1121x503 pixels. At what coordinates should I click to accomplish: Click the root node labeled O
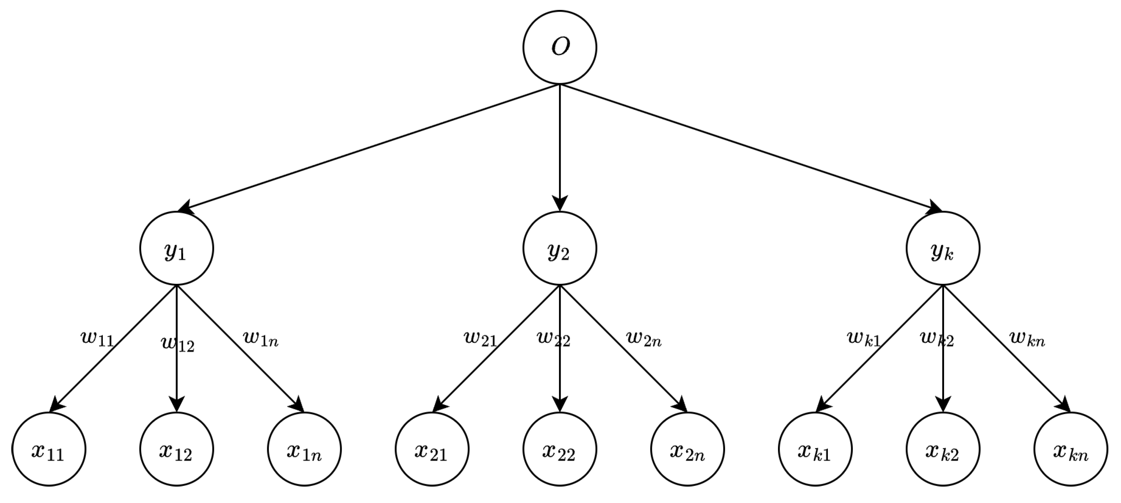tap(560, 47)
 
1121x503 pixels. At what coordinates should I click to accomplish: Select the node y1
tap(176, 249)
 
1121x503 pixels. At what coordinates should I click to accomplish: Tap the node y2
tap(560, 249)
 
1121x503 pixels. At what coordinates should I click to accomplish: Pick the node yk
tap(943, 249)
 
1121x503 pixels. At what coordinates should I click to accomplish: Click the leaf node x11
tap(49, 449)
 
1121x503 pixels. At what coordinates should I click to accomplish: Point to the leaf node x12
tap(176, 449)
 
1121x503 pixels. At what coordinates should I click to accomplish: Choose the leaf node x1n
tap(304, 449)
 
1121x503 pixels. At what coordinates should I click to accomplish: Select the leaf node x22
tap(560, 449)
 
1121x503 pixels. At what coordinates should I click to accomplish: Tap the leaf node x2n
tap(687, 449)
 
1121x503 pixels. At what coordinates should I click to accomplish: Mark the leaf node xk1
tap(815, 449)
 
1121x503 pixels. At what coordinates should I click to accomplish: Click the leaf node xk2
tap(943, 449)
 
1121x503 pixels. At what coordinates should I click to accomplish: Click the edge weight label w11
tap(97, 339)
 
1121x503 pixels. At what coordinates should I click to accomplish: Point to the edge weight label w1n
tap(260, 339)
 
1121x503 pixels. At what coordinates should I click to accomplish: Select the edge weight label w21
tap(480, 339)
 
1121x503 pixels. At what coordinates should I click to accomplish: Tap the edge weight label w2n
tap(644, 339)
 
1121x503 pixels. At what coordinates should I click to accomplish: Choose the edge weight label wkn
tap(1027, 339)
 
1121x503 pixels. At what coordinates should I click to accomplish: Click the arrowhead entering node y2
tap(560, 204)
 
